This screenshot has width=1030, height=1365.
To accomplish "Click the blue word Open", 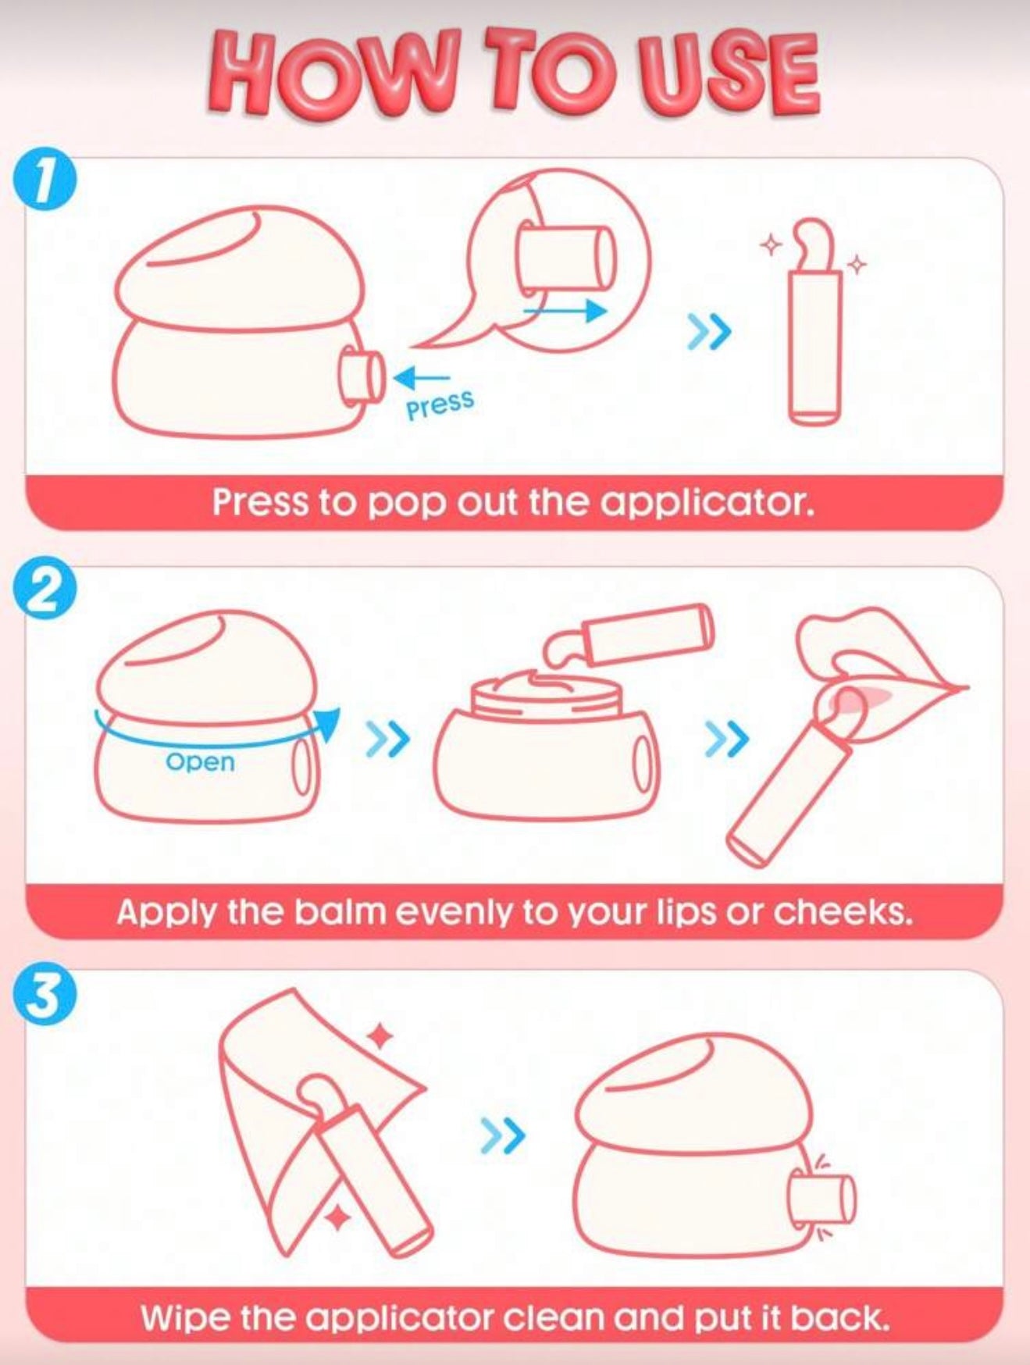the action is click(x=201, y=762).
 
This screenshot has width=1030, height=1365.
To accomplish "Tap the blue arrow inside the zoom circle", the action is click(x=564, y=310).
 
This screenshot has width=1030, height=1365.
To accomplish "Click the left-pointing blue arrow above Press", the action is click(x=422, y=380).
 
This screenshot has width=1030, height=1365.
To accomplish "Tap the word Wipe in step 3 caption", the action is click(x=185, y=1318).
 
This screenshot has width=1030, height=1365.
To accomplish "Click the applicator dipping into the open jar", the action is click(x=629, y=632).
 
